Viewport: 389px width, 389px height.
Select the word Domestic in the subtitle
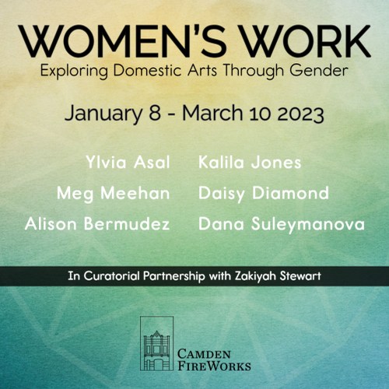147,70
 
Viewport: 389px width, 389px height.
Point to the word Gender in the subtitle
319,70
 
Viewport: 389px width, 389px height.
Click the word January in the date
103,114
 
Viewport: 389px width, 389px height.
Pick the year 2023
300,114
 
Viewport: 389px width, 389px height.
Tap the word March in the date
212,113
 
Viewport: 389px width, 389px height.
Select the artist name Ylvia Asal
128,162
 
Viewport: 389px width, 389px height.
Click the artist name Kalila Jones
250,163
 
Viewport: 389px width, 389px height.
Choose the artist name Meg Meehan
114,194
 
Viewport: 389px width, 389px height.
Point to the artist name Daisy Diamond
264,194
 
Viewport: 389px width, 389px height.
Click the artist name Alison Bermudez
97,223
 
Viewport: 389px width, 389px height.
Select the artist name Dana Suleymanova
282,224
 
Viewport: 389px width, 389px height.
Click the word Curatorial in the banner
112,276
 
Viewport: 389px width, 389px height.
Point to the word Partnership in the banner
174,276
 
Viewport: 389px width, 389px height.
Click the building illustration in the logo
156,343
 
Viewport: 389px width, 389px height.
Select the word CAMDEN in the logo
204,354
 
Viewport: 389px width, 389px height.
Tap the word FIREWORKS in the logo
214,366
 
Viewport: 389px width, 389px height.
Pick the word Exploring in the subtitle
74,71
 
